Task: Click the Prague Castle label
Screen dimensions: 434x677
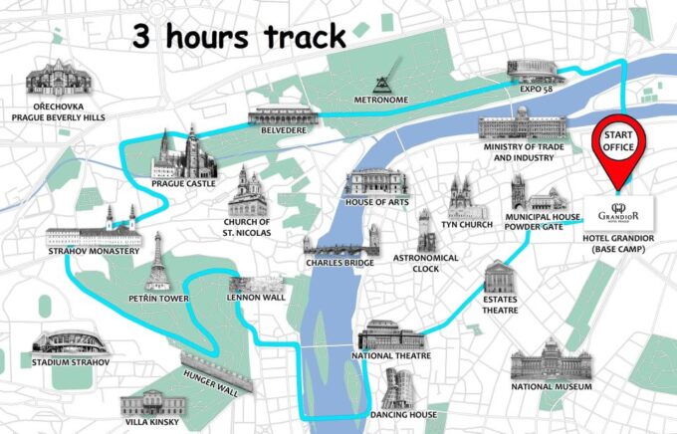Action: click(183, 184)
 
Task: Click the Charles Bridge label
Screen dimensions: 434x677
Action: click(339, 263)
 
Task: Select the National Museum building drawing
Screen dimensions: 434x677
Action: click(552, 357)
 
